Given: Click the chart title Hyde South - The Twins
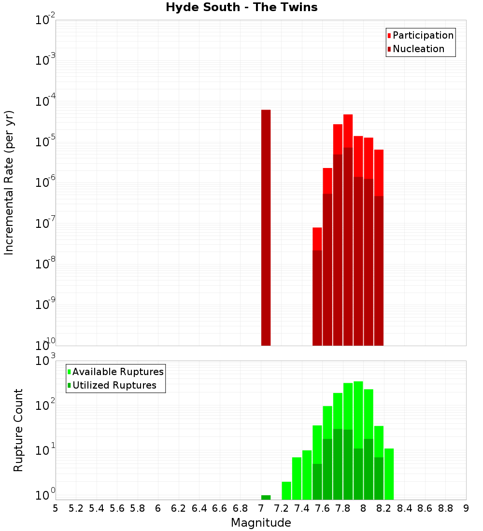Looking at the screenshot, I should pyautogui.click(x=241, y=8).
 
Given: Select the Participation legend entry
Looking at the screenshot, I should pyautogui.click(x=421, y=35).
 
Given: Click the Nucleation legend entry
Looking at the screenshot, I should pyautogui.click(x=416, y=49).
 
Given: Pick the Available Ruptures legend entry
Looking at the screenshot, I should pyautogui.click(x=115, y=372).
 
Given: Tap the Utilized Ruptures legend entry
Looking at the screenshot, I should pyautogui.click(x=112, y=385).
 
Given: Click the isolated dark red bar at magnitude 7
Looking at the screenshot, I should pyautogui.click(x=266, y=227).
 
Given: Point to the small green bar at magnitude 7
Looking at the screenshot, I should pyautogui.click(x=266, y=497).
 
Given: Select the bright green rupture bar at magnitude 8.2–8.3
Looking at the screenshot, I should pyautogui.click(x=389, y=474).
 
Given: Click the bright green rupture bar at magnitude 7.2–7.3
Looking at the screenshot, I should pyautogui.click(x=286, y=490).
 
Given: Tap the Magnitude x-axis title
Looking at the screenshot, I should pyautogui.click(x=261, y=523).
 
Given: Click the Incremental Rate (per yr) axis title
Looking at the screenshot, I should pyautogui.click(x=9, y=182).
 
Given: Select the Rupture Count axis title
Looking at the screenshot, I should pyautogui.click(x=18, y=430).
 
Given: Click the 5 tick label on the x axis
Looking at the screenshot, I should pyautogui.click(x=56, y=508).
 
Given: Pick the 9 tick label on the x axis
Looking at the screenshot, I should pyautogui.click(x=466, y=508).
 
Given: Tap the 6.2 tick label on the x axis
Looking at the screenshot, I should pyautogui.click(x=179, y=508).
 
